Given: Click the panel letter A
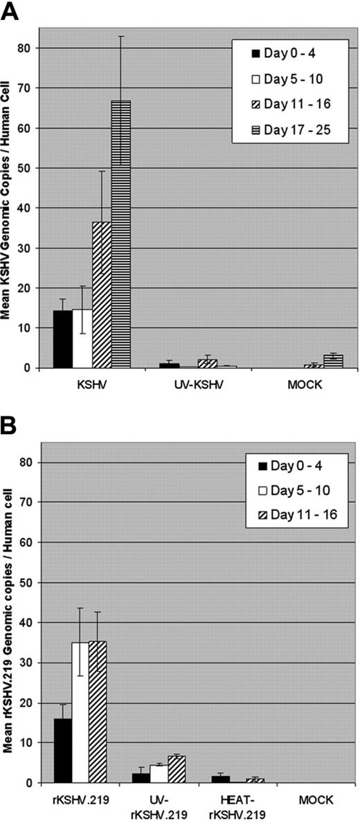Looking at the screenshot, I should (x=10, y=11).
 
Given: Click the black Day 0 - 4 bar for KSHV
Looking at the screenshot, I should (x=63, y=339).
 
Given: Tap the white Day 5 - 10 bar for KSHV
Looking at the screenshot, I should (x=82, y=339).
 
